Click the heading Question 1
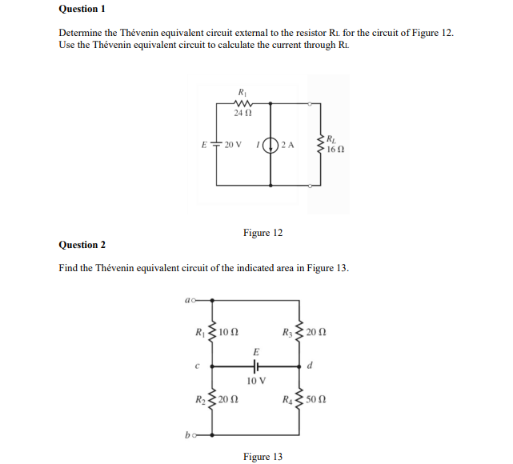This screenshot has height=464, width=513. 82,9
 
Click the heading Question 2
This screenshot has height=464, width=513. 82,245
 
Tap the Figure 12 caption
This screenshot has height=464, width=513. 263,233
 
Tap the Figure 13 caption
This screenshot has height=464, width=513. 263,457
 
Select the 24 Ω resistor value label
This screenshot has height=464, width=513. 242,114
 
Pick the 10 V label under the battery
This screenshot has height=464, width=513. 256,381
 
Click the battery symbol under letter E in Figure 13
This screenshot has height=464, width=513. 256,366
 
